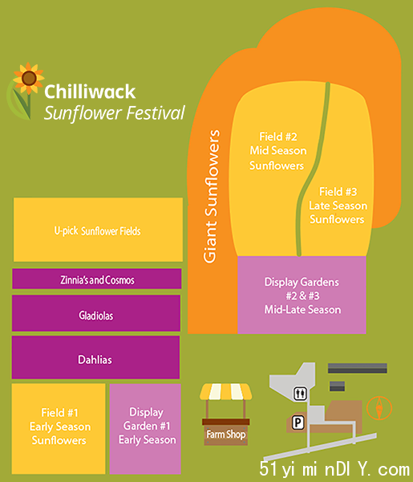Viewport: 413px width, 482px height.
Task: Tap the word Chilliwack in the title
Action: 90,92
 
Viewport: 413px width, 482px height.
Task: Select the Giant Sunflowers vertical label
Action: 212,197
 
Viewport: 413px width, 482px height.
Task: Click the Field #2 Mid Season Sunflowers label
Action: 277,151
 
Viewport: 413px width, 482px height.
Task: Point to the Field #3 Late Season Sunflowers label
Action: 338,206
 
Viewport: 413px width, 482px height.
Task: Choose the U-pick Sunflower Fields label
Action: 97,231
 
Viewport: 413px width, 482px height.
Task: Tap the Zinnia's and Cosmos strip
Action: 97,279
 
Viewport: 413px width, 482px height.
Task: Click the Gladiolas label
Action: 96,316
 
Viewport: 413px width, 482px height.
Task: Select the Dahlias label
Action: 95,360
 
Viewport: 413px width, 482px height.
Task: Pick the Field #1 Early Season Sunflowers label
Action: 59,427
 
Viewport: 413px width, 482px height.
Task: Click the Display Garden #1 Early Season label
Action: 147,426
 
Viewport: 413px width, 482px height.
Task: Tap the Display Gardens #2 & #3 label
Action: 302,296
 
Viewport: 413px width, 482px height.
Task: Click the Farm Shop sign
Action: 226,435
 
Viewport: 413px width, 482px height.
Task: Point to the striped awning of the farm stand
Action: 226,391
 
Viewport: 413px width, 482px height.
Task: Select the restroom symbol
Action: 300,394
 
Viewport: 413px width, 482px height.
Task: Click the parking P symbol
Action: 298,423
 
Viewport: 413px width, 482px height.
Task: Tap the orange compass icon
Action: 379,408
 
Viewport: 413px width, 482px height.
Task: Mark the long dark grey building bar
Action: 358,368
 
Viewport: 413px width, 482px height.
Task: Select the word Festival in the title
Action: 156,113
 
